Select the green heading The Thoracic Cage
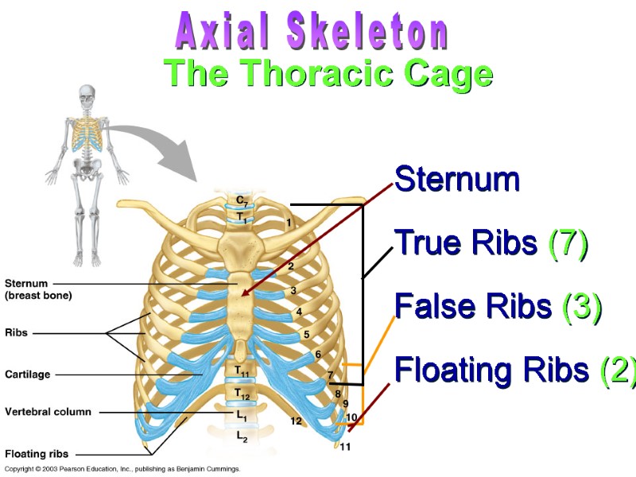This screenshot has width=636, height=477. (x=328, y=74)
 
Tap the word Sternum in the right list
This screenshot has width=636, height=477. (x=457, y=180)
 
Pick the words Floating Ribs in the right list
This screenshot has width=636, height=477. (x=491, y=370)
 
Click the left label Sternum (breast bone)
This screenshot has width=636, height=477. (x=38, y=289)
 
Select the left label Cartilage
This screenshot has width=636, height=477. (x=28, y=373)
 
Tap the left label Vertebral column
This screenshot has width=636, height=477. (x=48, y=412)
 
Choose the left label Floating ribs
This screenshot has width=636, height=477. (x=37, y=454)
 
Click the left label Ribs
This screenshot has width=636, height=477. (x=16, y=333)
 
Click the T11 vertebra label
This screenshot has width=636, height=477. (x=242, y=371)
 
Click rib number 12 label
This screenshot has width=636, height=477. (x=296, y=421)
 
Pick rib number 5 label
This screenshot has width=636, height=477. (x=307, y=335)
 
